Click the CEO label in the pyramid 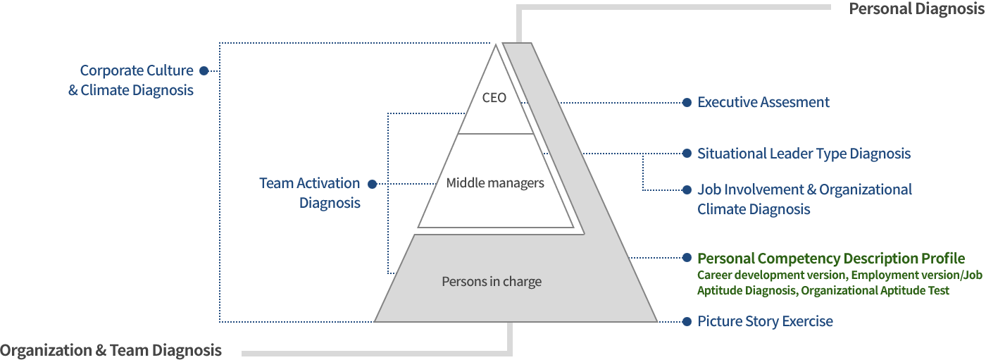(494, 98)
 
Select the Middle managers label (495, 182)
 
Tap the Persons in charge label (492, 282)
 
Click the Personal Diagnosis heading (917, 8)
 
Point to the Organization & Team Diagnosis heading (111, 350)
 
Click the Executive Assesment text (763, 102)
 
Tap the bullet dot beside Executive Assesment (687, 103)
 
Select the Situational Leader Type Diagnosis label (804, 154)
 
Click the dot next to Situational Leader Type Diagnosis (687, 154)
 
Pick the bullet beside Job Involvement (687, 190)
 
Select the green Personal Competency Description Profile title (831, 259)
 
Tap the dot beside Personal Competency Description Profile (687, 258)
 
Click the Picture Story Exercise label (765, 322)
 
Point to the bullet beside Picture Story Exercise (687, 322)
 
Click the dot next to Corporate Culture (204, 71)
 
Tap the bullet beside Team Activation (373, 184)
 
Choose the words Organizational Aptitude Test (875, 291)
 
